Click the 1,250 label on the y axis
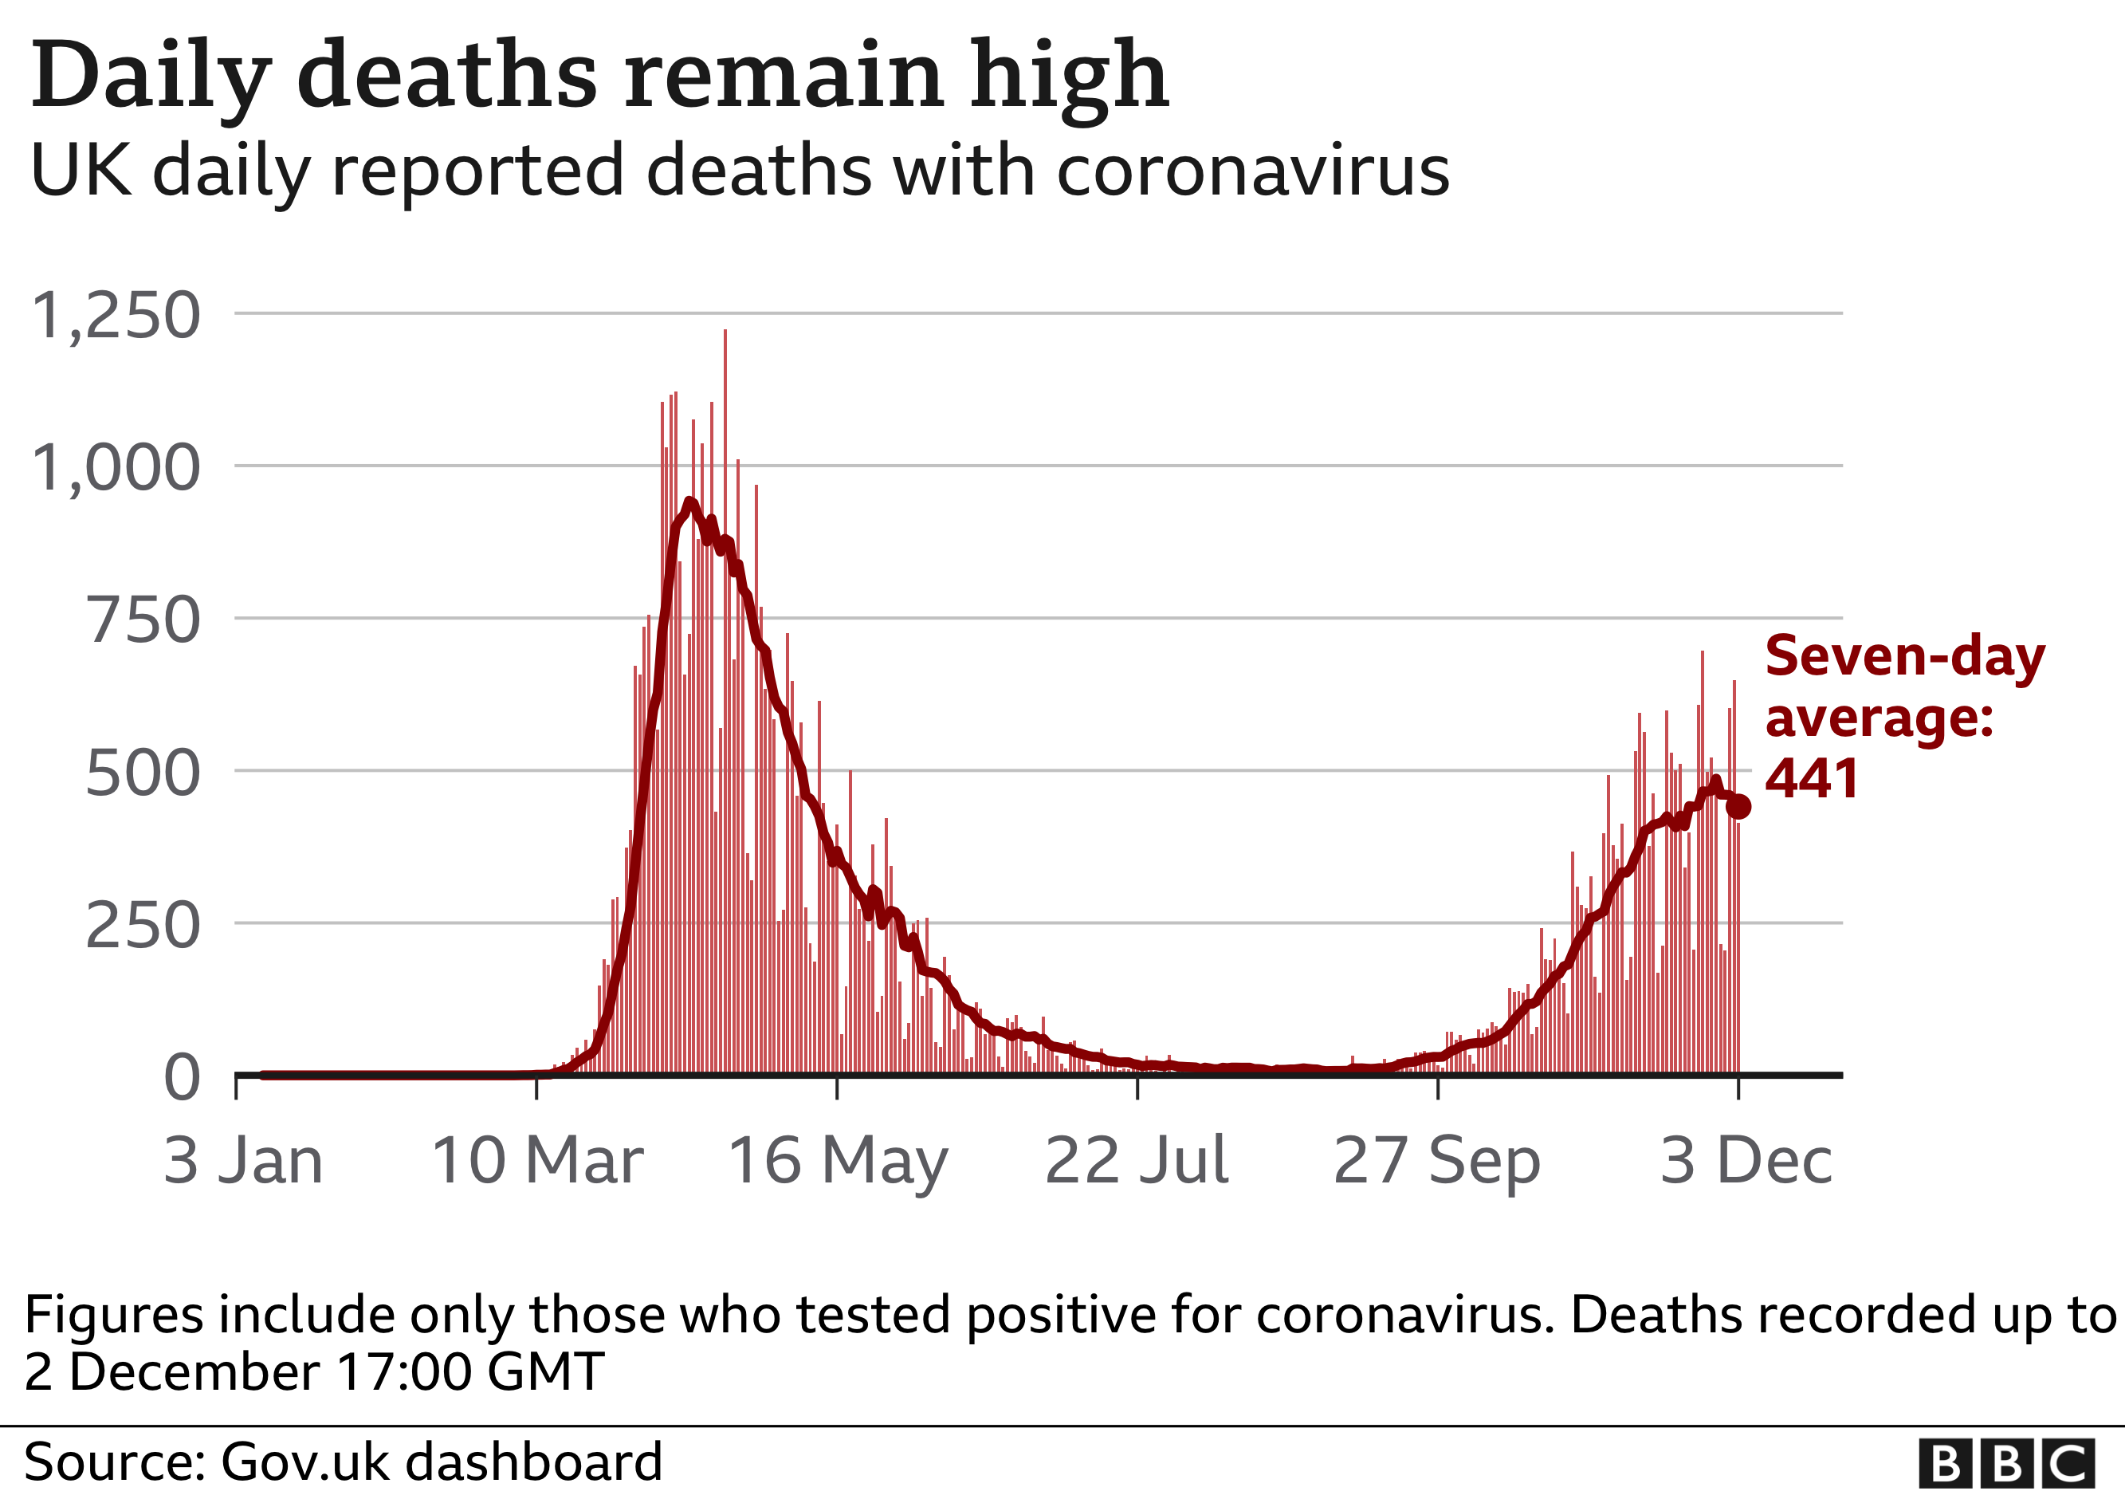[116, 317]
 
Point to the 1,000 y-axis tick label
[116, 468]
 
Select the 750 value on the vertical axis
[143, 621]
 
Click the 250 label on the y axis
[143, 927]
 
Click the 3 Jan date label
[243, 1161]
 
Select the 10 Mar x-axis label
[536, 1161]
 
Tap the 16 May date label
[838, 1163]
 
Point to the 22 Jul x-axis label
[1137, 1161]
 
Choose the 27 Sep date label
[1436, 1163]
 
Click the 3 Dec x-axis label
[1746, 1161]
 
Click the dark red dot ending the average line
[1739, 807]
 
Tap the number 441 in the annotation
[1811, 780]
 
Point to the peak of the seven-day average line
[689, 502]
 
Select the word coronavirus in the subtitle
[1253, 172]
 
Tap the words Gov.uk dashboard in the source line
[442, 1462]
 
